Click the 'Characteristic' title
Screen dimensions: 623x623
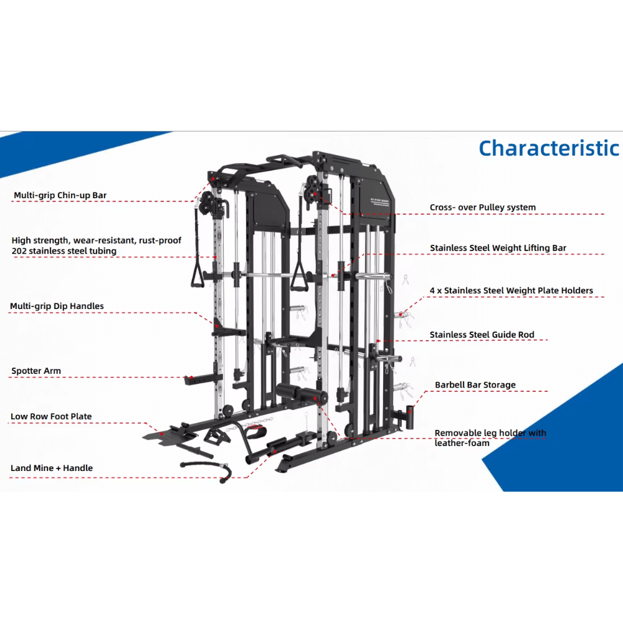click(549, 149)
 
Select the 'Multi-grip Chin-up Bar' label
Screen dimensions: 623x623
click(60, 196)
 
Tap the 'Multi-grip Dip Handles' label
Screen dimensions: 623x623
click(57, 306)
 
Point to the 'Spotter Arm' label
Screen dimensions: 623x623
click(36, 371)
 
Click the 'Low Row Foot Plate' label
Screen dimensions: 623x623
click(51, 416)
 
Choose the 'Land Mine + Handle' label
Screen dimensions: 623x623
click(52, 468)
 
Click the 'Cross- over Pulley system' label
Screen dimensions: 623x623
click(483, 207)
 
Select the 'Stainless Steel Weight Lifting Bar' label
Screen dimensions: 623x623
click(498, 248)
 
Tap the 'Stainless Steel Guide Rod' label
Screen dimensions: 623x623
click(482, 335)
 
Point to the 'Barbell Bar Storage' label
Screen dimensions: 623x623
click(475, 385)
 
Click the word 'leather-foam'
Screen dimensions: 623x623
click(462, 443)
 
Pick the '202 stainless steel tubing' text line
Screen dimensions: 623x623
click(64, 251)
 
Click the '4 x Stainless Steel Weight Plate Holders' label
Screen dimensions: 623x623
click(511, 290)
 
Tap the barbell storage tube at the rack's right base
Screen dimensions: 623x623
click(410, 417)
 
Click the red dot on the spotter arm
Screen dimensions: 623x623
click(191, 378)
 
